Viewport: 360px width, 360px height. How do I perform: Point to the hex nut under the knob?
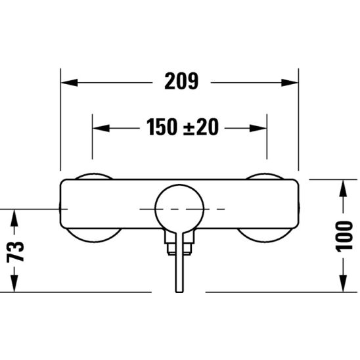[x=179, y=246]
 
